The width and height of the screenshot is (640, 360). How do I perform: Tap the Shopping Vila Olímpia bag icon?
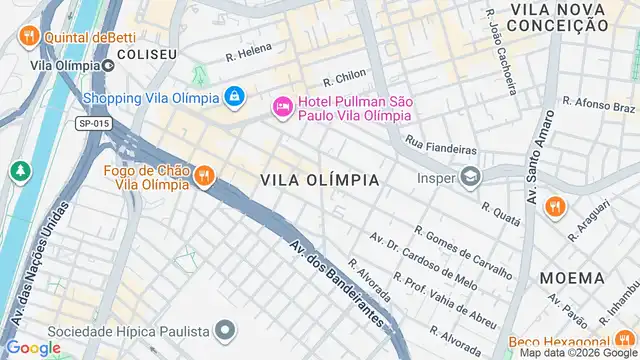pyautogui.click(x=233, y=97)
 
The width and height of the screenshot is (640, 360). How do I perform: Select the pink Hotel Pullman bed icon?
pyautogui.click(x=282, y=106)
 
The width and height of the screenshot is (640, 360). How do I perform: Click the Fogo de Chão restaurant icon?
pyautogui.click(x=204, y=176)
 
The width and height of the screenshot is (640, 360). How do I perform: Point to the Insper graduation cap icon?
pyautogui.click(x=469, y=177)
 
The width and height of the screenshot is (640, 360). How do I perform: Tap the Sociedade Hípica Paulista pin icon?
pyautogui.click(x=226, y=330)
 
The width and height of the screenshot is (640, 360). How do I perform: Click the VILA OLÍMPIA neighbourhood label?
pyautogui.click(x=320, y=180)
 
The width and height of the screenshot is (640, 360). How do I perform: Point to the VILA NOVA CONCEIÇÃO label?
pyautogui.click(x=558, y=16)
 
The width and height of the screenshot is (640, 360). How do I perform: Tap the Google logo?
pyautogui.click(x=32, y=347)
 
